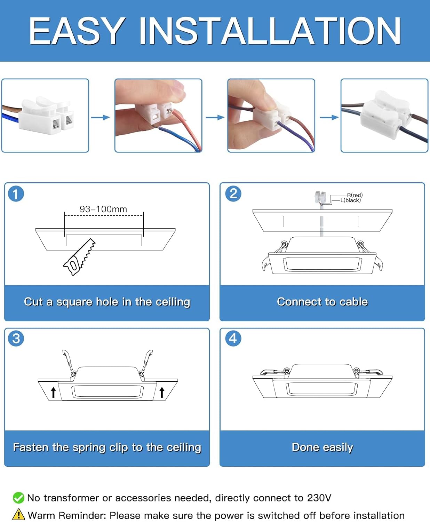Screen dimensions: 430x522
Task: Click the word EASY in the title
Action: point(77,31)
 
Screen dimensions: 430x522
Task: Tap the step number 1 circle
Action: point(16,194)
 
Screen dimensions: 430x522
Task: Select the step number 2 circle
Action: point(233,193)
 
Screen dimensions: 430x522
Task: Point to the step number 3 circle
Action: point(16,339)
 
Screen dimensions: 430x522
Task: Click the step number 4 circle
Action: point(233,338)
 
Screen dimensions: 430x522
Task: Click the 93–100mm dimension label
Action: point(103,209)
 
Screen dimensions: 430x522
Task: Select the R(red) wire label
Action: point(355,195)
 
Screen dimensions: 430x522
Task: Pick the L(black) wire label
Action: point(351,200)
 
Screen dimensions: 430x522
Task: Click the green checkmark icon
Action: point(19,498)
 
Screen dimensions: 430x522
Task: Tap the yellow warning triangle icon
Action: point(18,514)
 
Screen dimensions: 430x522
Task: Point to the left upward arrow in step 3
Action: point(53,392)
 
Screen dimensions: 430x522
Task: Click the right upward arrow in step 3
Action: point(162,392)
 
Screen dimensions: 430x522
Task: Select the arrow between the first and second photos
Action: point(101,117)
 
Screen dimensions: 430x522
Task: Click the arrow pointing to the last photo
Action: point(329,117)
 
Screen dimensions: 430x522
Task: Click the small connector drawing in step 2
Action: point(320,197)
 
